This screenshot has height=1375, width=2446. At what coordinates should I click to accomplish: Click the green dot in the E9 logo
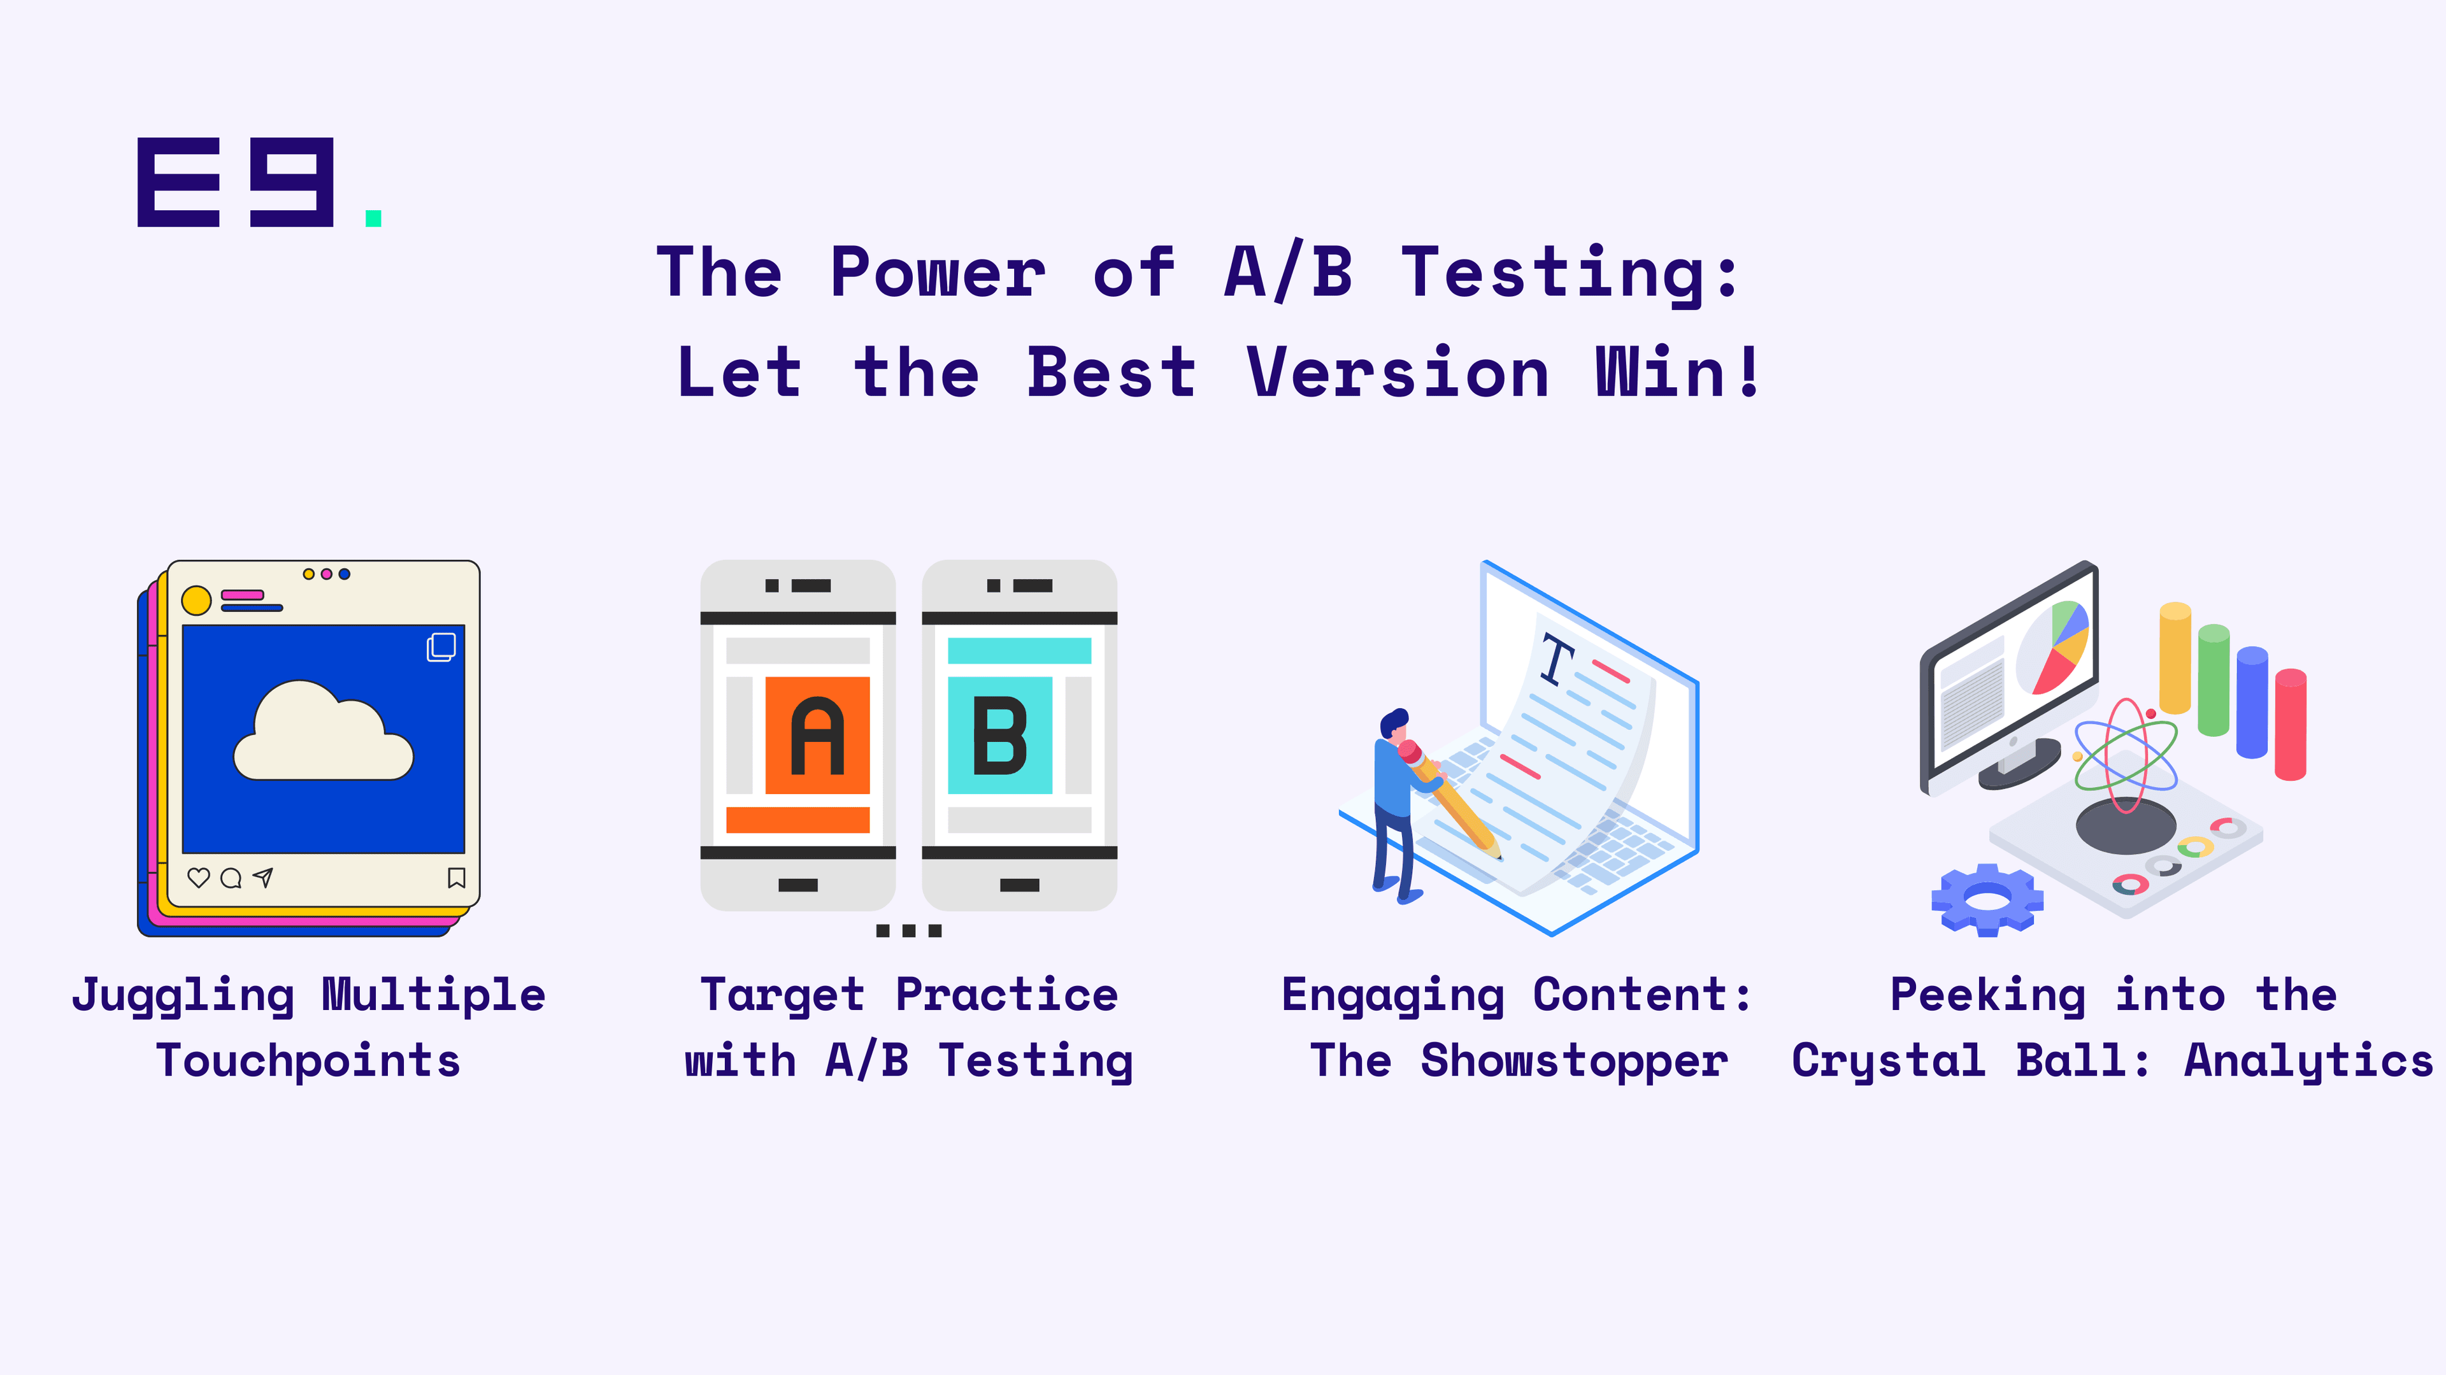pyautogui.click(x=373, y=218)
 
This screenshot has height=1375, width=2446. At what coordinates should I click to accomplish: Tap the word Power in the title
pyautogui.click(x=938, y=273)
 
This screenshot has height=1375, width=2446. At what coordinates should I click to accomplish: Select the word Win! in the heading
pyautogui.click(x=1678, y=372)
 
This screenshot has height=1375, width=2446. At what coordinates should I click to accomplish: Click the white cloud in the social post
pyautogui.click(x=323, y=730)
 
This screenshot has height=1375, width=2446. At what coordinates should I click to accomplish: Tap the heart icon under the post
pyautogui.click(x=199, y=878)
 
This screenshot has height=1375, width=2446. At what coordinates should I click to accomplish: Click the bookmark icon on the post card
pyautogui.click(x=457, y=878)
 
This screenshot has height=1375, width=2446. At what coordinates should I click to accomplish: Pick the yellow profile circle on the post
pyautogui.click(x=197, y=600)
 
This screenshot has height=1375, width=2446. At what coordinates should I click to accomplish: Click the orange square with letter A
pyautogui.click(x=817, y=735)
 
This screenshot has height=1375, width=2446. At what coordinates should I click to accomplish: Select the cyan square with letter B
pyautogui.click(x=1000, y=735)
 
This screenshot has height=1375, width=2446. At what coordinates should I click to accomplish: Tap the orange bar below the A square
pyautogui.click(x=797, y=820)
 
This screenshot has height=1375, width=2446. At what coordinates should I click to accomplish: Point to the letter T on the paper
pyautogui.click(x=1557, y=659)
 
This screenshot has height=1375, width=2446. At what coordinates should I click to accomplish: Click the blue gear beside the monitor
pyautogui.click(x=1987, y=899)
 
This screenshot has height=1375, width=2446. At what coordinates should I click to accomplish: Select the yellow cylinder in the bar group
pyautogui.click(x=2175, y=658)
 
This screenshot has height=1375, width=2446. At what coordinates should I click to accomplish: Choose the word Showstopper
pyautogui.click(x=1575, y=1062)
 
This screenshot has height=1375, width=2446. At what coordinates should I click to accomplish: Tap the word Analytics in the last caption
pyautogui.click(x=2309, y=1062)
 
